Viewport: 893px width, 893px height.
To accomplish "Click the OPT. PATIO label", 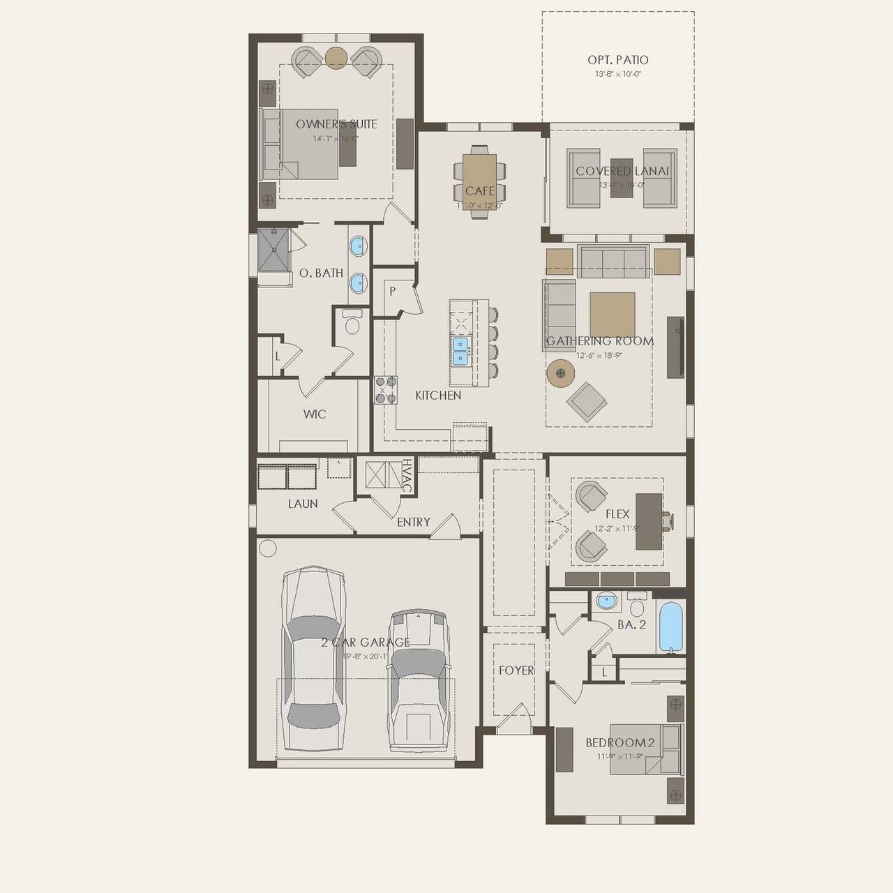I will click(617, 61).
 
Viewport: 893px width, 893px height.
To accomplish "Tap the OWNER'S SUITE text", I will click(336, 124).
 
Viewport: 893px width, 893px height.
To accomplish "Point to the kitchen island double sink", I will click(460, 351).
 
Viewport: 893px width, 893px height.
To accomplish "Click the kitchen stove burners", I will click(386, 390).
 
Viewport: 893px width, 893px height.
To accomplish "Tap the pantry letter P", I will click(393, 292).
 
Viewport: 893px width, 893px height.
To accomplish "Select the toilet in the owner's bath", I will click(352, 323).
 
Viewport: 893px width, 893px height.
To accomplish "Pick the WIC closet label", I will click(314, 414).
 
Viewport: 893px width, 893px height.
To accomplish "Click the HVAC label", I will click(406, 476).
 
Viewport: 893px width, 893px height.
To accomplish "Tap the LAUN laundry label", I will click(303, 504).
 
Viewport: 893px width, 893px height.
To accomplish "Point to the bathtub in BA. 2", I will click(671, 626).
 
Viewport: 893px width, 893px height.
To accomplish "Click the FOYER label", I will click(516, 670).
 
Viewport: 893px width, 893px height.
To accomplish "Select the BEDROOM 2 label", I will click(620, 743).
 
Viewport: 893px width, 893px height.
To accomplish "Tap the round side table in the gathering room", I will click(560, 373).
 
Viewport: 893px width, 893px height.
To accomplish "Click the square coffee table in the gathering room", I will click(612, 315).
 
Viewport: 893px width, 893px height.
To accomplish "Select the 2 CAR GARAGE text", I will click(366, 643).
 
